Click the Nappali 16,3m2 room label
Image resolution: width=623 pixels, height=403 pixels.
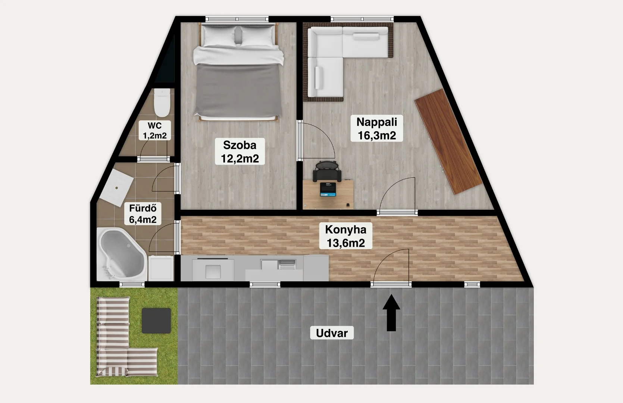coord(376,128)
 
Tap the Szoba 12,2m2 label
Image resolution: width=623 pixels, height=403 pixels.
coord(240,151)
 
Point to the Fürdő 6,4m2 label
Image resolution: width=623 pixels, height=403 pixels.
coord(143,213)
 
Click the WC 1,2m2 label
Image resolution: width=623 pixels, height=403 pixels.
coord(155,131)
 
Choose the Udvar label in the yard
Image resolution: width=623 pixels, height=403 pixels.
coord(332,333)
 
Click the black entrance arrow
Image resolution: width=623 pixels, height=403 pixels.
coord(391,313)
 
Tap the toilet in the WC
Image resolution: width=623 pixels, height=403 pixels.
coord(162,103)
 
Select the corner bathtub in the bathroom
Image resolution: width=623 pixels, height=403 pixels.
coord(122,253)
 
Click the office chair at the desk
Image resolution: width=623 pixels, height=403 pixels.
coord(327,171)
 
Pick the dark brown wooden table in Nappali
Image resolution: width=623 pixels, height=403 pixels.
coord(448,141)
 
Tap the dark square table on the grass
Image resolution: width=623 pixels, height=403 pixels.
coord(156,321)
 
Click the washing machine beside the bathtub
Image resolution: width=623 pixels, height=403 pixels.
coord(161,268)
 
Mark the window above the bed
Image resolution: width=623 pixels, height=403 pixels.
coord(237,19)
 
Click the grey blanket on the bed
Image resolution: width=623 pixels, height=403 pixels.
coord(238,90)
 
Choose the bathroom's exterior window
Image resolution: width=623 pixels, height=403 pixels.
coord(132,284)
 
